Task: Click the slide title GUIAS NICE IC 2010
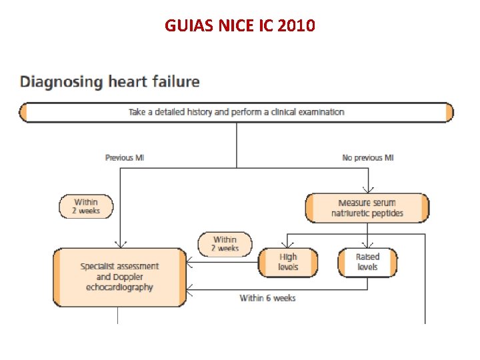[240, 26]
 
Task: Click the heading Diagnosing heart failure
[110, 82]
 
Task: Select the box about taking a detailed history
[236, 112]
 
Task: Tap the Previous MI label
[125, 158]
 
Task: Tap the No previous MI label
[367, 158]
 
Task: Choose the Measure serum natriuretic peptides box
[367, 208]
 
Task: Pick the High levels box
[288, 262]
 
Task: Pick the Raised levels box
[367, 262]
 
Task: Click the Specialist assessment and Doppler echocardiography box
[119, 277]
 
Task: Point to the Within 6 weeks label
[267, 298]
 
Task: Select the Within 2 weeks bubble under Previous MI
[86, 207]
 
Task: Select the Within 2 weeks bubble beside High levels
[225, 244]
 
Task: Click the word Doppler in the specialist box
[128, 277]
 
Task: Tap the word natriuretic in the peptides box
[353, 213]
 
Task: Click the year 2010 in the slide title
[297, 26]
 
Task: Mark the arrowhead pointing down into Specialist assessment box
[119, 245]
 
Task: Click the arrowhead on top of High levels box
[288, 245]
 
